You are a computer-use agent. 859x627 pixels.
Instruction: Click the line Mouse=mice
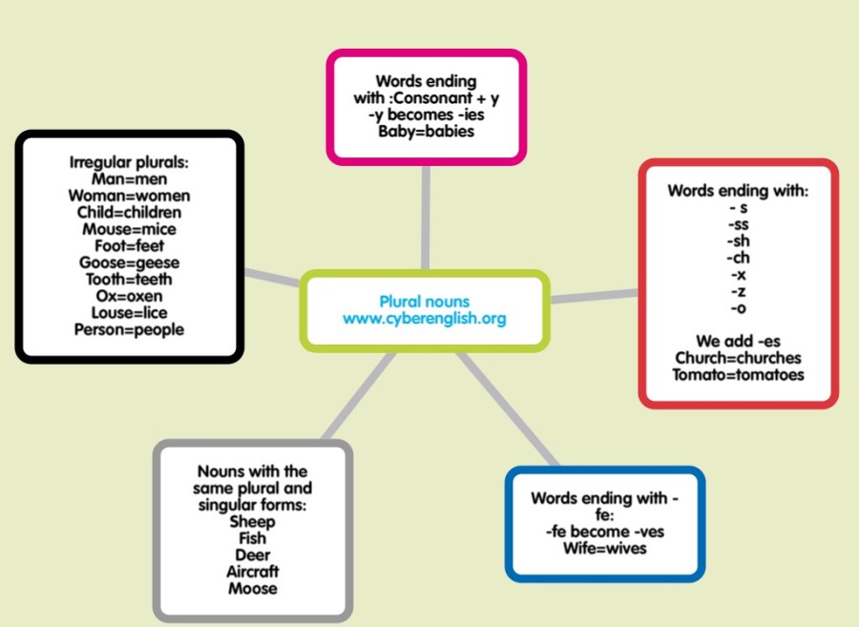click(129, 229)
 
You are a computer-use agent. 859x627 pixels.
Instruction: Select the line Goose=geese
click(129, 262)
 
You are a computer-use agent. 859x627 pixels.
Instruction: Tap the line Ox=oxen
click(129, 296)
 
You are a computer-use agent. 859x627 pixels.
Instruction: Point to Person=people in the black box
click(129, 330)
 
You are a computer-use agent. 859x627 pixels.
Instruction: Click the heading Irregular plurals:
click(129, 162)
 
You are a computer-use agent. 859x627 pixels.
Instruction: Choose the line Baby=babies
click(426, 132)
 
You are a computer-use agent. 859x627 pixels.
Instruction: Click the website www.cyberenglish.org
click(425, 319)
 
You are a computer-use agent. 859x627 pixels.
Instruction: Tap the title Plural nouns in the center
click(425, 302)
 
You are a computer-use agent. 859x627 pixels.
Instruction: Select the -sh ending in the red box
click(738, 240)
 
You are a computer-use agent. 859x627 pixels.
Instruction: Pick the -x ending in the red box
click(738, 275)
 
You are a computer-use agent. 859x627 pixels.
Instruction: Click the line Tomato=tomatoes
click(738, 375)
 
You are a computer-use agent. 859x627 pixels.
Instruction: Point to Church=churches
click(738, 358)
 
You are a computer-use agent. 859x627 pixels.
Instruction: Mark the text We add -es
click(738, 341)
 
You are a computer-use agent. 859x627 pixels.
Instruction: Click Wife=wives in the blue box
click(604, 549)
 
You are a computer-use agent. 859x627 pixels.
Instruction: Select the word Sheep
click(253, 521)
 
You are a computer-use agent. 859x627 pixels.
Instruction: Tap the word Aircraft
click(253, 572)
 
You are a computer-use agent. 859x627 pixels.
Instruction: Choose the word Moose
click(253, 589)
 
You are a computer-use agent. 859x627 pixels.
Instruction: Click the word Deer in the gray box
click(253, 554)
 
